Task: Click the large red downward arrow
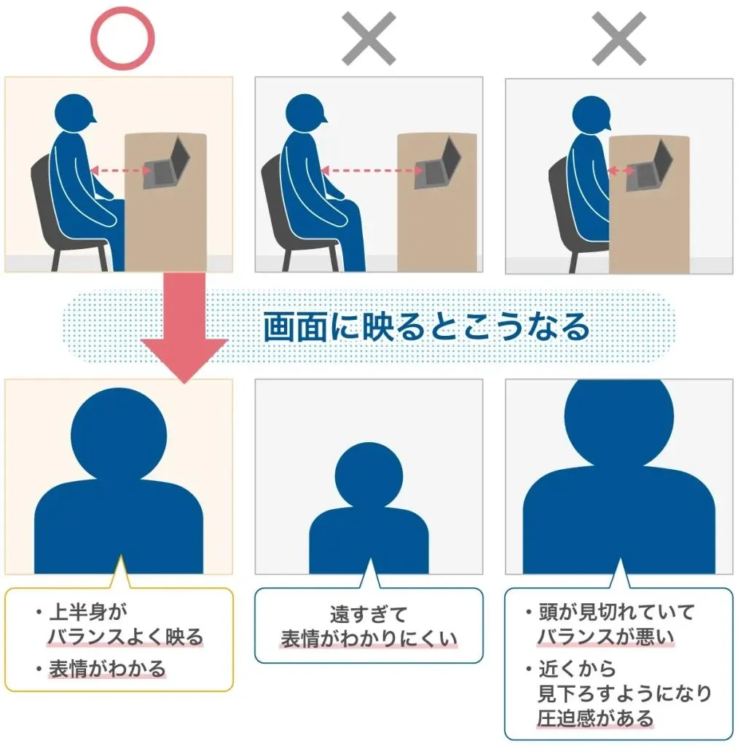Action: [x=185, y=328]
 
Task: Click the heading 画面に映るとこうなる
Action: [x=426, y=327]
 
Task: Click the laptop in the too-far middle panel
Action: [x=438, y=166]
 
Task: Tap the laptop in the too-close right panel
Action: [x=651, y=166]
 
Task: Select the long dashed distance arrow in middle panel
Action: [x=372, y=171]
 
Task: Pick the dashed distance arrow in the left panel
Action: [x=121, y=171]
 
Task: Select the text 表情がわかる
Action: [x=107, y=668]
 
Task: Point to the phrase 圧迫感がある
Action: [x=595, y=718]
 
